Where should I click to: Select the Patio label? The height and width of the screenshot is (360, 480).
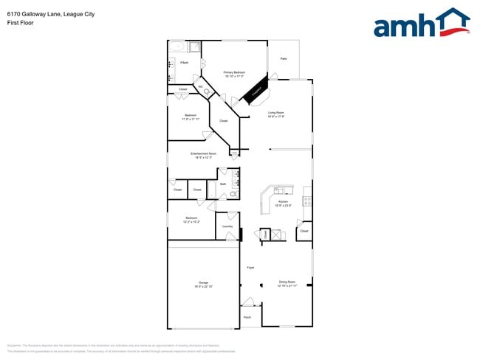tap(283, 58)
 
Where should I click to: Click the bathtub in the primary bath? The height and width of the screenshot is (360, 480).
tap(176, 47)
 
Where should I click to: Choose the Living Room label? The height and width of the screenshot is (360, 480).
tap(276, 114)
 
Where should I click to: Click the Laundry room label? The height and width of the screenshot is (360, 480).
tap(227, 226)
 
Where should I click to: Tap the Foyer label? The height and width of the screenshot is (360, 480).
tap(250, 267)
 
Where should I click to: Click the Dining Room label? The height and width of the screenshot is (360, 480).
tap(287, 282)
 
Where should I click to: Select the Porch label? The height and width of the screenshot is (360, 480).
tap(247, 317)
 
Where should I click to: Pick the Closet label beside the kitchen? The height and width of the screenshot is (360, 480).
tap(304, 231)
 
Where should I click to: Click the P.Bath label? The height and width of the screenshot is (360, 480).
tap(184, 63)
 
